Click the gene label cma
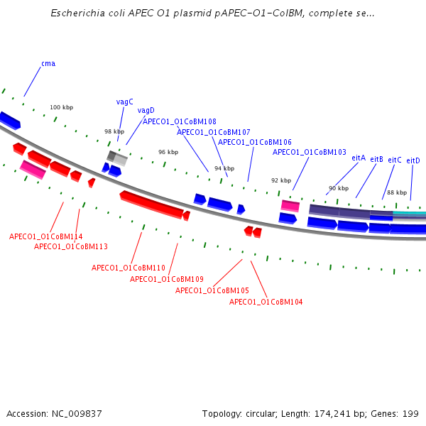coord(48,64)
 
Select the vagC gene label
coord(125,102)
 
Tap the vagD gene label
coord(146,111)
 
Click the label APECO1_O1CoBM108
coord(180,121)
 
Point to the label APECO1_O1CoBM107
coord(213,132)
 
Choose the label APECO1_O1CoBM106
coord(254,142)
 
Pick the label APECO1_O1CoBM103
coord(310,152)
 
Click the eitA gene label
coord(359,158)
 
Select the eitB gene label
coord(376,159)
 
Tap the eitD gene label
coord(413,160)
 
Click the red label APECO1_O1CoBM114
coord(45,236)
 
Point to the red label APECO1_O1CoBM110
coord(129,268)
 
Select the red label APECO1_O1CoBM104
coord(266,302)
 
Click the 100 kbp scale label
coord(61,107)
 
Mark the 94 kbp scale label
coord(224,168)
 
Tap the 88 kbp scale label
coord(396,192)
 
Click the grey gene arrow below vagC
coord(117,158)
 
